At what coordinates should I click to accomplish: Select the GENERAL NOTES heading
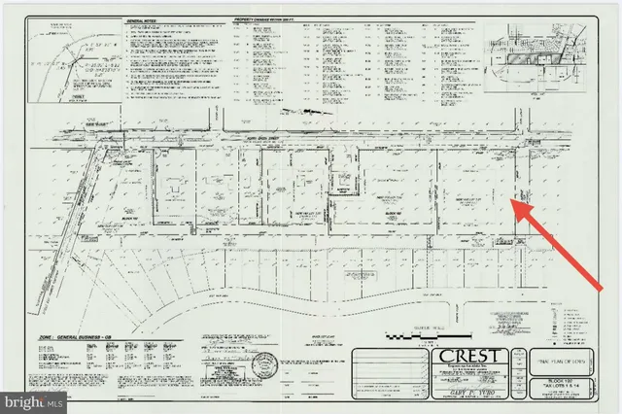[x=145, y=19]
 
